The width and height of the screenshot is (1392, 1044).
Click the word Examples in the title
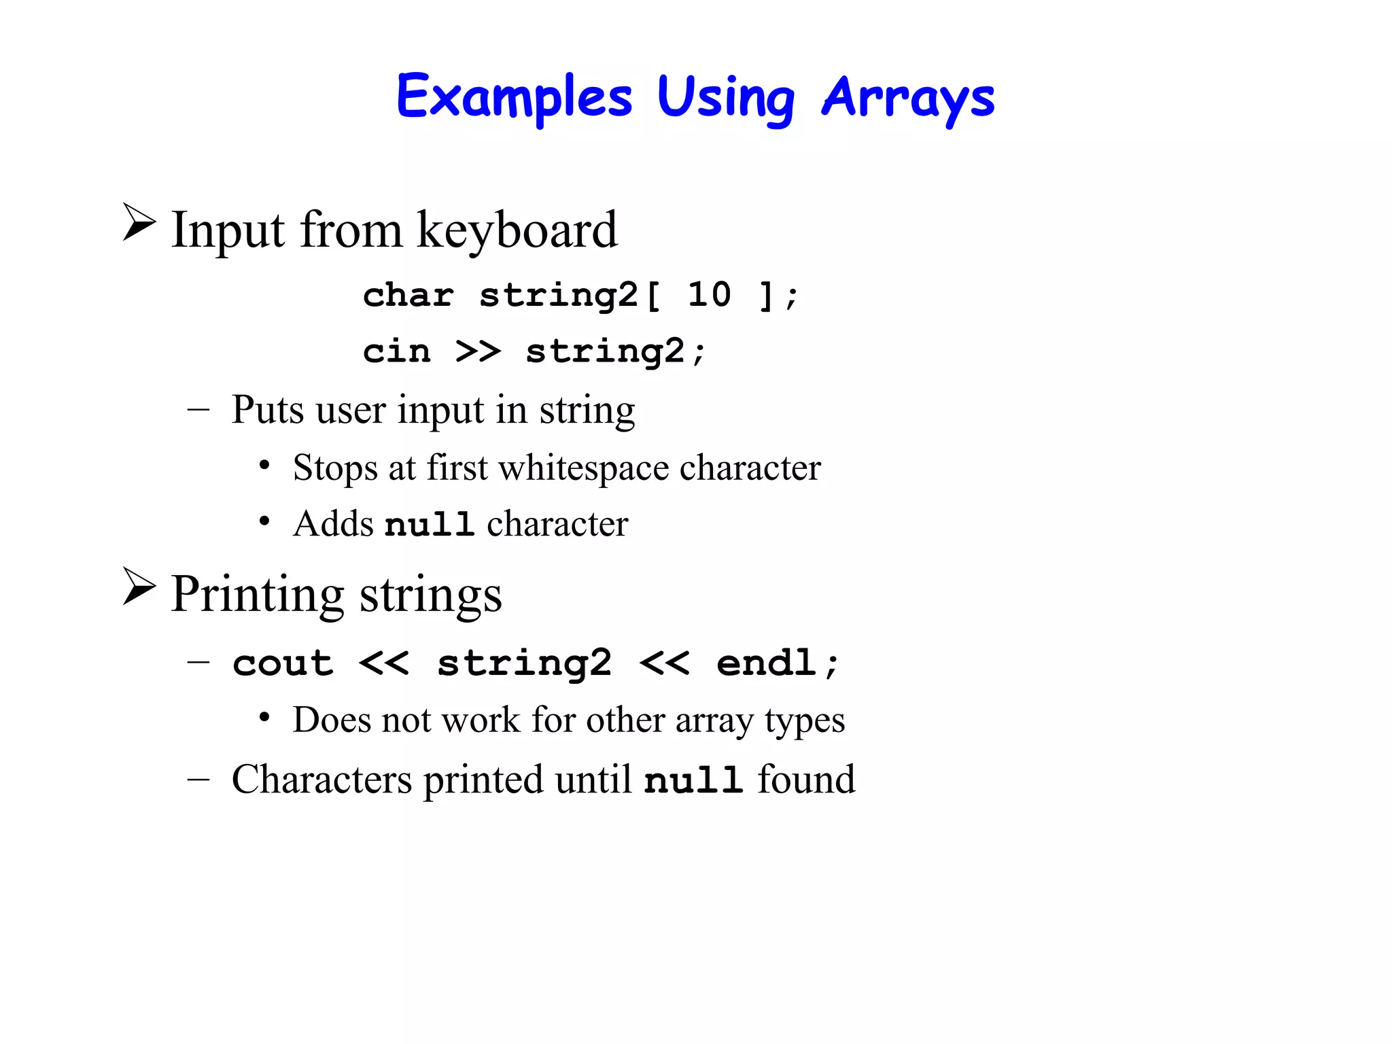click(514, 97)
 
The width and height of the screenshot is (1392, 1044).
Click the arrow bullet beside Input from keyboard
click(139, 222)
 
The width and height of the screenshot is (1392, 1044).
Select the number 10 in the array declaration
click(709, 295)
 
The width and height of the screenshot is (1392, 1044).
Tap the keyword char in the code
click(408, 295)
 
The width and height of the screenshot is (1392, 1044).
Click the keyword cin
click(396, 351)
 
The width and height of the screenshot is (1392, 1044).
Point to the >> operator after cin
click(478, 351)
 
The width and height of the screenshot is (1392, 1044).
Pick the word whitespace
click(584, 469)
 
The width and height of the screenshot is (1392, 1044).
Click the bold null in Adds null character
click(429, 524)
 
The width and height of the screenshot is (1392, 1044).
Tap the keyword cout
click(283, 663)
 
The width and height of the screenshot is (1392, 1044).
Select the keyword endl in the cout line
click(766, 663)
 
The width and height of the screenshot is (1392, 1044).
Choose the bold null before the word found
click(693, 780)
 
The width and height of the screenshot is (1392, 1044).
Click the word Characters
click(321, 780)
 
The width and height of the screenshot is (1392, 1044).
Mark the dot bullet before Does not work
click(264, 718)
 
